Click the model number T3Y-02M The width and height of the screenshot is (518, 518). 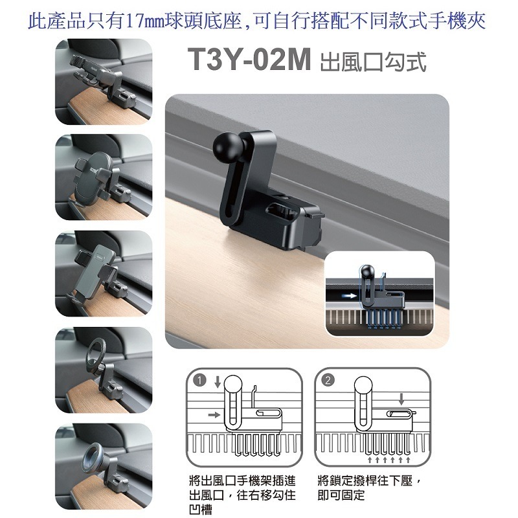[249, 59]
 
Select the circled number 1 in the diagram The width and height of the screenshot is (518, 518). [199, 381]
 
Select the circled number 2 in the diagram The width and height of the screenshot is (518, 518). [328, 380]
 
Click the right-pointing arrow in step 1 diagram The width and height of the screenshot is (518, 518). [214, 414]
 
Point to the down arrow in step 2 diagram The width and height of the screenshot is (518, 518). [401, 399]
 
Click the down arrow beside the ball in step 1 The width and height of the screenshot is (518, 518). [218, 382]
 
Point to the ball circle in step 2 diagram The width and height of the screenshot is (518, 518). [363, 385]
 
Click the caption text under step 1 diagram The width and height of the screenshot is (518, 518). [242, 495]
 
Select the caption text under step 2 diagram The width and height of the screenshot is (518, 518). [368, 488]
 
